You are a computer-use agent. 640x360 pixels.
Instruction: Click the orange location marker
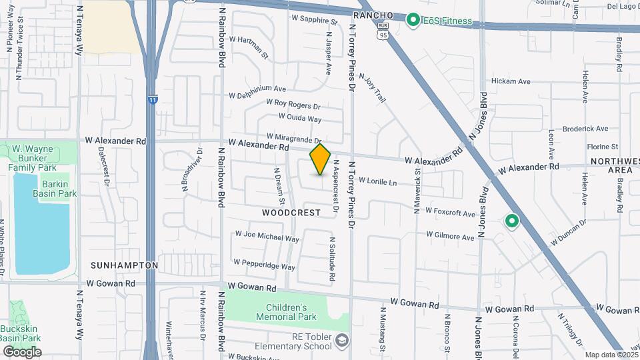click(x=321, y=160)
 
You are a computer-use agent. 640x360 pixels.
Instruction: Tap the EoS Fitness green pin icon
click(x=413, y=21)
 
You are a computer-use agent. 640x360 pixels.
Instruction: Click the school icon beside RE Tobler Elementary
click(x=342, y=341)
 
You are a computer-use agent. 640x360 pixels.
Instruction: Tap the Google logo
click(x=22, y=352)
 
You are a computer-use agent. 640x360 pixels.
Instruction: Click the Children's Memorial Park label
click(x=291, y=312)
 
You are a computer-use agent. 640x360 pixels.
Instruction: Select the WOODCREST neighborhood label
click(x=291, y=213)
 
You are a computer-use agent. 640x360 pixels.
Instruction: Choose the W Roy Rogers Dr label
click(x=293, y=104)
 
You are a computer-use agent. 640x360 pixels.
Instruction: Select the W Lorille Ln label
click(x=377, y=181)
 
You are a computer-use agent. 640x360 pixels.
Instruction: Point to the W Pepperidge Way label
click(x=264, y=266)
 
